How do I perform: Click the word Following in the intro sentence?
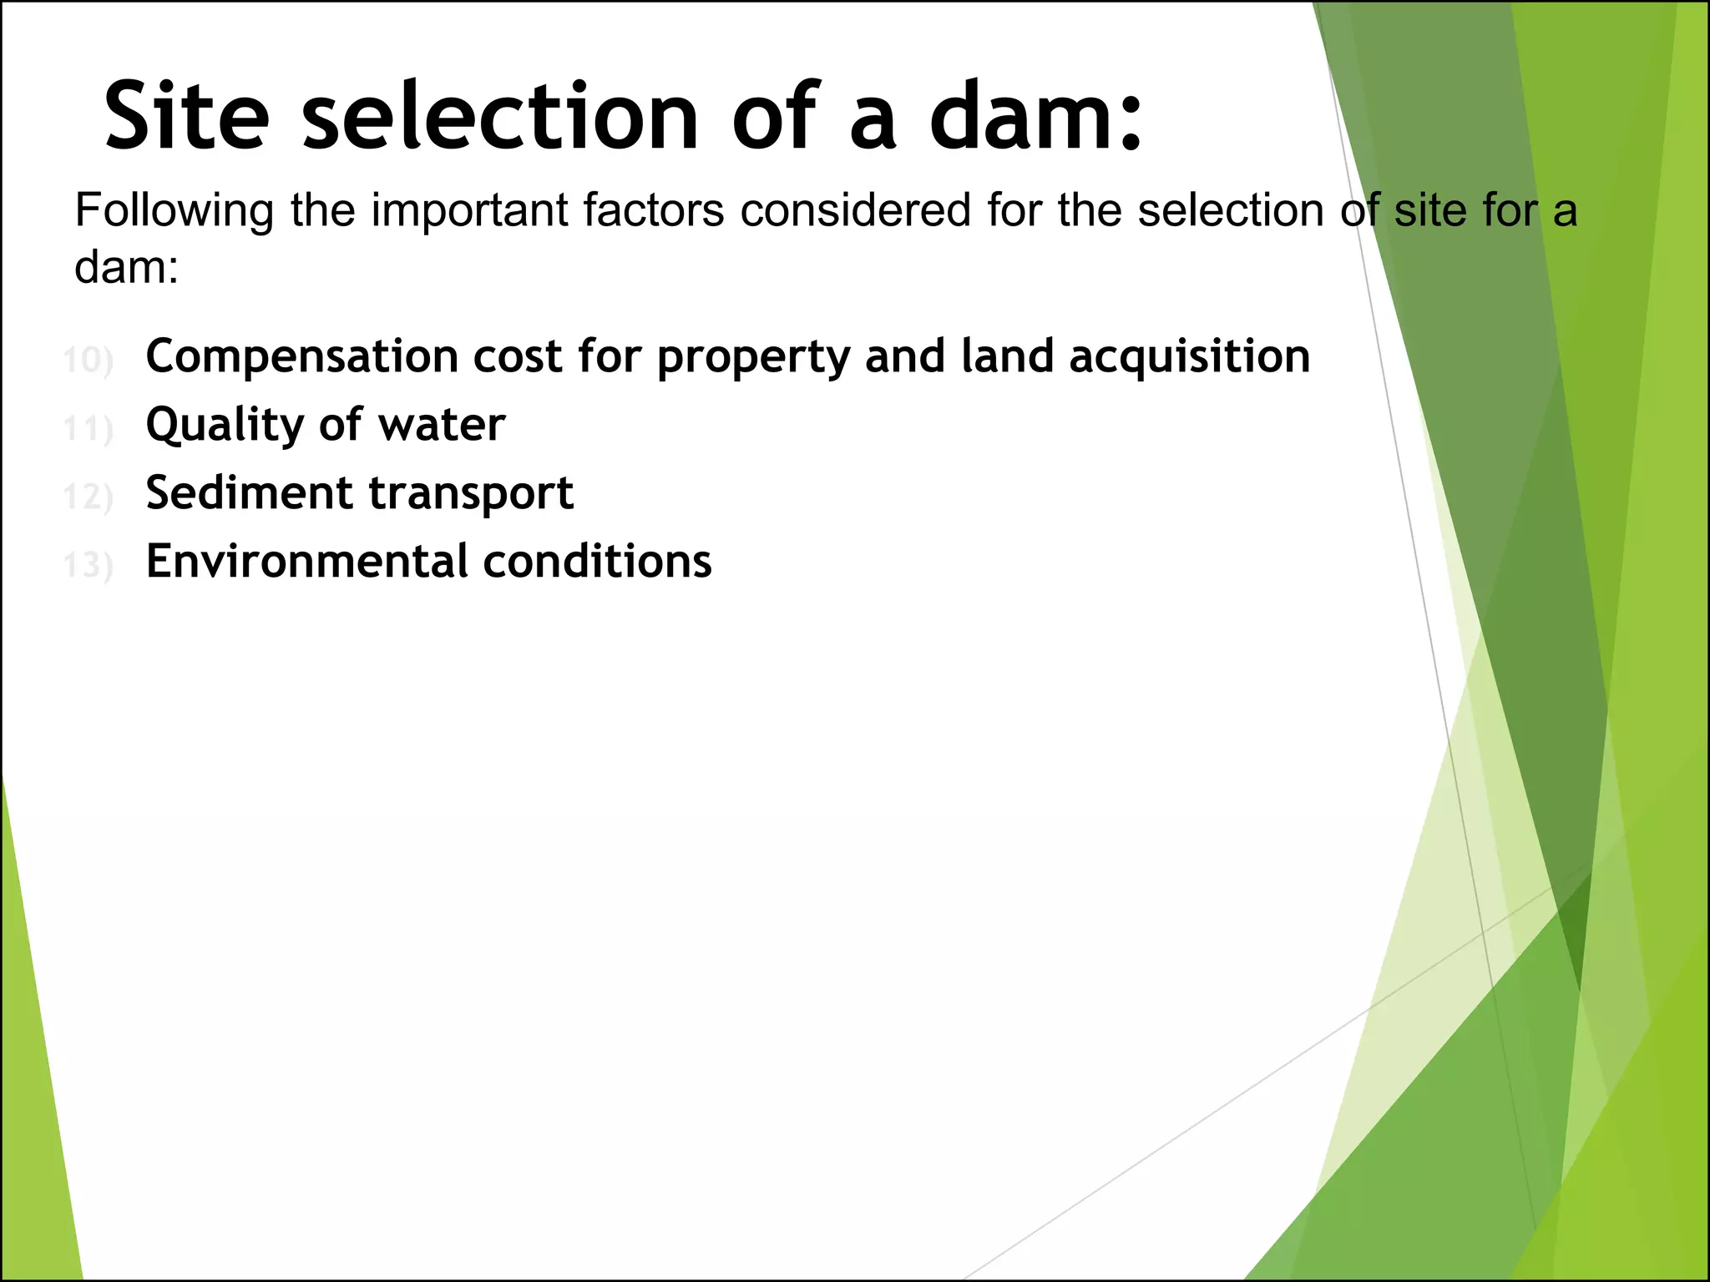click(x=174, y=210)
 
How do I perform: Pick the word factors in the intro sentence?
click(x=653, y=210)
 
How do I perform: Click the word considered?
click(x=855, y=210)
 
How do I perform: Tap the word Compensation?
click(x=302, y=357)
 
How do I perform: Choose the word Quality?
click(x=223, y=426)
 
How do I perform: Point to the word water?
click(x=442, y=426)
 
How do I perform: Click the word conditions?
click(x=597, y=561)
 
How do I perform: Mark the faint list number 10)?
click(x=88, y=361)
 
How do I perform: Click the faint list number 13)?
click(x=88, y=565)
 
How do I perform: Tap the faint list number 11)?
click(x=88, y=429)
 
